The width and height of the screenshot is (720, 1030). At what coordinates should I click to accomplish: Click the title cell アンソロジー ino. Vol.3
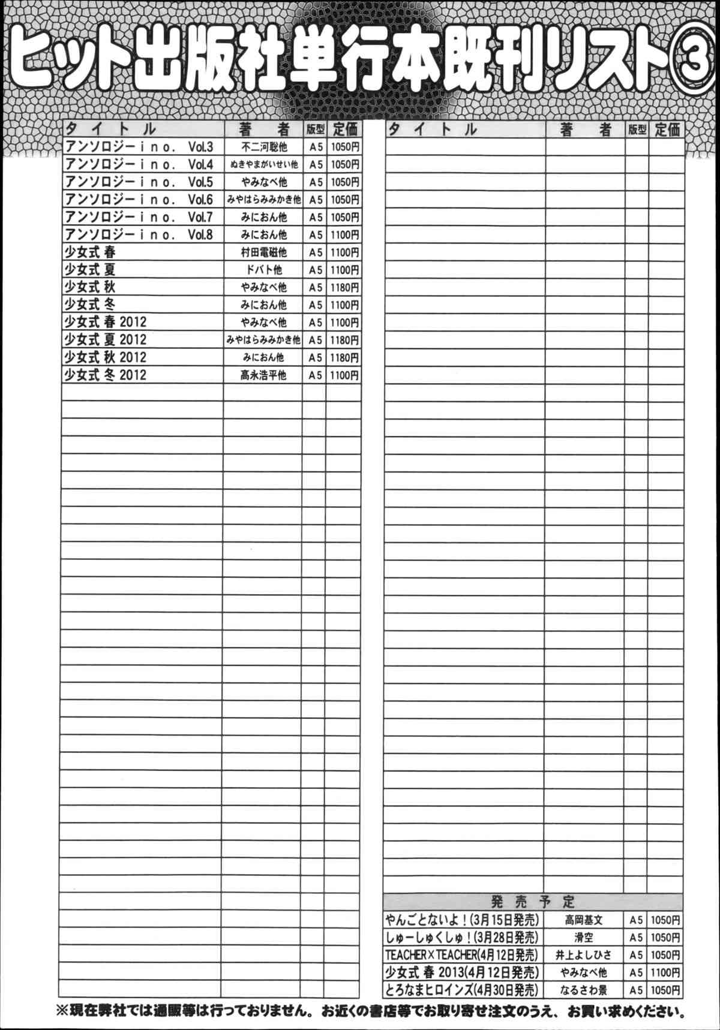pos(139,147)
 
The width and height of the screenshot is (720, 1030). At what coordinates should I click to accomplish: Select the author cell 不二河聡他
pos(263,147)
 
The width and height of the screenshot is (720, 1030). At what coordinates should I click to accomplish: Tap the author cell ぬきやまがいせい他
pos(263,164)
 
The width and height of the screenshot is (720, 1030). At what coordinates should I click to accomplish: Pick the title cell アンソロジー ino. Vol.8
pos(139,234)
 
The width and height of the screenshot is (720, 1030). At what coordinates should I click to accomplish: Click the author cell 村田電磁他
pos(263,252)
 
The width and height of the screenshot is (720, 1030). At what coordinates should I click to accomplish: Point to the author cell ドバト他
pos(263,270)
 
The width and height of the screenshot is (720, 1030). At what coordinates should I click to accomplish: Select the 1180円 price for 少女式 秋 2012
pos(344,358)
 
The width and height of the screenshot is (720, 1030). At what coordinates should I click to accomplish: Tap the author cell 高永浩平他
pos(263,375)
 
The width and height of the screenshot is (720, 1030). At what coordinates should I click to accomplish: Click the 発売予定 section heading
pos(533,901)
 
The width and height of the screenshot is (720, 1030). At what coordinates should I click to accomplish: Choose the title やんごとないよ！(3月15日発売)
pos(463,920)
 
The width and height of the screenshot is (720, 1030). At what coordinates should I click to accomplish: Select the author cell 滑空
pos(583,937)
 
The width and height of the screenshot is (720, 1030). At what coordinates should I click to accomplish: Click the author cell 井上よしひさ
pos(583,954)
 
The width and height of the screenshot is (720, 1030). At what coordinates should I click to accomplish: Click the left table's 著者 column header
pos(263,129)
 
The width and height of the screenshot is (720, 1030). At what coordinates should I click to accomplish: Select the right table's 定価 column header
pos(667,129)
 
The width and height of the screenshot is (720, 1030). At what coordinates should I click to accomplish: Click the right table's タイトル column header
pos(432,129)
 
